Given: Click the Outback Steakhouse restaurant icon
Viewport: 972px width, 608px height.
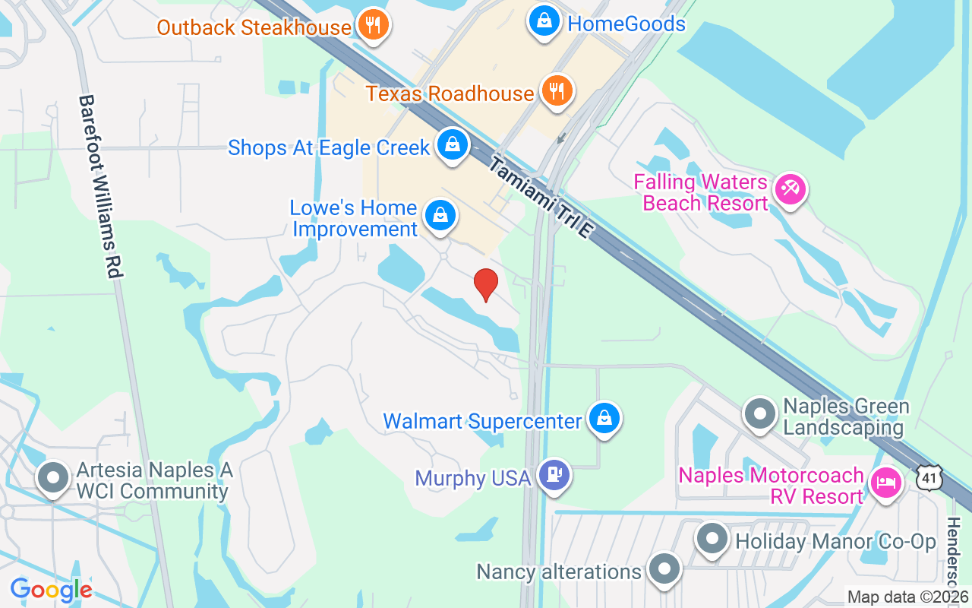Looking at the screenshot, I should point(372,25).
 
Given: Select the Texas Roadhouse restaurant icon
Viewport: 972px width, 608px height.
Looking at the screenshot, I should point(557,91).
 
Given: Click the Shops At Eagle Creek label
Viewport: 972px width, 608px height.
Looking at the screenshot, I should point(329,147).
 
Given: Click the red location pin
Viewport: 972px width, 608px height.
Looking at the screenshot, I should point(486,285).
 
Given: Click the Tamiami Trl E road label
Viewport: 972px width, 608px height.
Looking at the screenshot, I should point(540,197).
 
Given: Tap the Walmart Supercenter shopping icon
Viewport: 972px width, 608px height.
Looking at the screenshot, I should point(604,419).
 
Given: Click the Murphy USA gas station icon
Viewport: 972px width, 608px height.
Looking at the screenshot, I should point(554,476).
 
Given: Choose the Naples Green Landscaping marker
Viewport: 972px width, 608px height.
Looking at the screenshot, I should point(759,414).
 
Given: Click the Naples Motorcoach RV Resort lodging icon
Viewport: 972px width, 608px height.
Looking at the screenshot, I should point(885,483).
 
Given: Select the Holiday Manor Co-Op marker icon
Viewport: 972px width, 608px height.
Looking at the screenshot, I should point(712,540).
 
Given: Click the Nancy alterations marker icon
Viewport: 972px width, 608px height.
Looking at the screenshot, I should point(664,569).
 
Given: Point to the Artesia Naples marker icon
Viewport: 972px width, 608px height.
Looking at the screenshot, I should point(53,479).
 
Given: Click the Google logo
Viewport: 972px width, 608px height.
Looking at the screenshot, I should point(51,590).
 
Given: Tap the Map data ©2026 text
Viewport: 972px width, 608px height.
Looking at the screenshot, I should point(908,597).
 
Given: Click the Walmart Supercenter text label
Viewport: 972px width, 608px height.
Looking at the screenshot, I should point(482,421).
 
